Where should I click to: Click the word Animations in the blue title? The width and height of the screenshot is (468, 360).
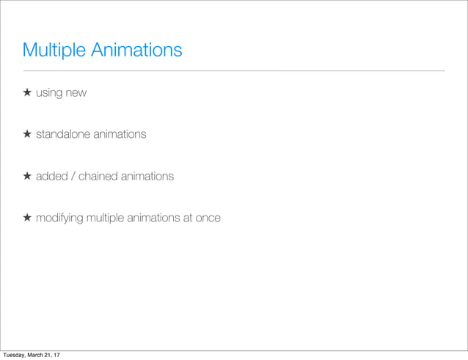[x=136, y=51]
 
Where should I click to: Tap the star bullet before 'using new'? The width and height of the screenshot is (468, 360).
[x=26, y=93]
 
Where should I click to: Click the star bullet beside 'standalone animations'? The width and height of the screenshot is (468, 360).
[x=26, y=135]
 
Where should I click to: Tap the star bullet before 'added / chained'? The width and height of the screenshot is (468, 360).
[x=26, y=177]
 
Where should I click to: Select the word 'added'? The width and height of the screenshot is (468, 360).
[x=51, y=177]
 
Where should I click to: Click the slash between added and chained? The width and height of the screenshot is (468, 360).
[x=71, y=177]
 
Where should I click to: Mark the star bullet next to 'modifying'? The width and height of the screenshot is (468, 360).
[x=26, y=218]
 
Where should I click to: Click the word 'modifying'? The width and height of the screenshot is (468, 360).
[x=61, y=218]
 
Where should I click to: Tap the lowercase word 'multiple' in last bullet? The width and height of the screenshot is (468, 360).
[x=107, y=218]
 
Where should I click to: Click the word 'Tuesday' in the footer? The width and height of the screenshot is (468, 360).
[x=15, y=355]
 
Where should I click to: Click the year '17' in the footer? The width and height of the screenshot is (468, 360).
[x=57, y=355]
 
